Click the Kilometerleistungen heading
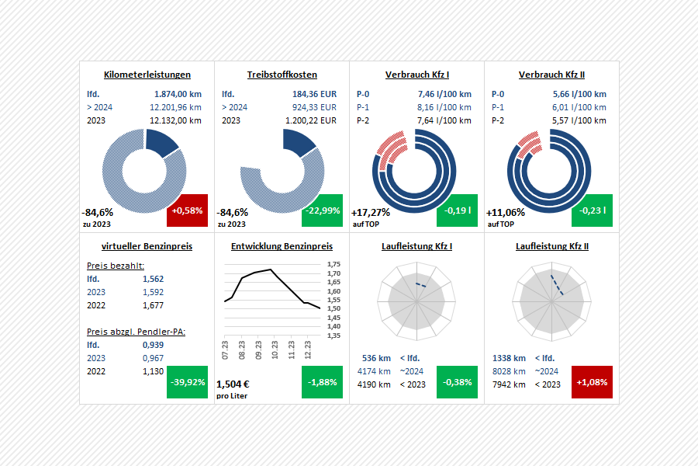[147, 75]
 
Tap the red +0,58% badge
[187, 210]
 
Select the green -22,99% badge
[322, 210]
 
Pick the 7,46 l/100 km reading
[444, 93]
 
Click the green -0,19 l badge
[457, 210]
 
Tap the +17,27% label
[371, 212]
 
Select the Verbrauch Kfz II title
[551, 75]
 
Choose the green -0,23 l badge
[592, 210]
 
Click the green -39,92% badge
[187, 382]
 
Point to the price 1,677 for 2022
[153, 305]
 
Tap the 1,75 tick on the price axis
[334, 265]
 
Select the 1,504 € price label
[233, 384]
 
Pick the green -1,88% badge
[322, 382]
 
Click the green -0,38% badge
[457, 382]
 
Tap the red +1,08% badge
[592, 382]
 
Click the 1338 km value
[509, 358]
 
